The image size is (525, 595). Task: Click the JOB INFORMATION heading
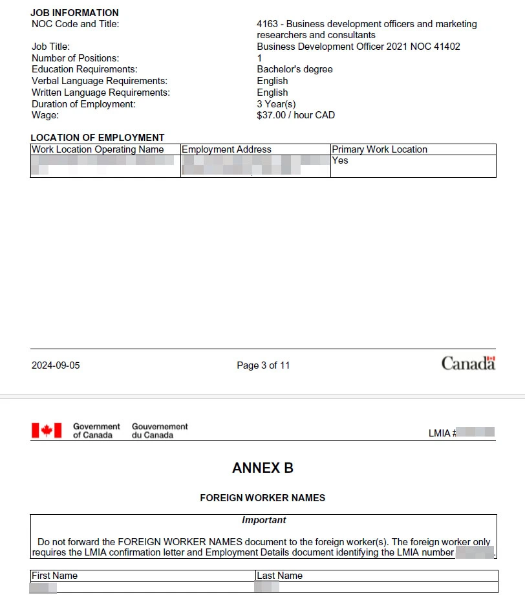click(x=74, y=12)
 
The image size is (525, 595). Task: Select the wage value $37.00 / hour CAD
click(x=295, y=115)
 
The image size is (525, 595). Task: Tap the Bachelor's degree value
click(x=294, y=69)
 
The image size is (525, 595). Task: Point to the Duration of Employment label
click(x=83, y=104)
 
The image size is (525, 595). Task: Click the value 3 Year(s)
click(x=276, y=104)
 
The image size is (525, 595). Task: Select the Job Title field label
click(x=50, y=47)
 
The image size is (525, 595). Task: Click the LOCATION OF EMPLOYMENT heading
click(x=97, y=138)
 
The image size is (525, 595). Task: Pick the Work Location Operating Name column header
click(x=98, y=149)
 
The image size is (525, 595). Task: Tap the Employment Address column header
click(x=226, y=149)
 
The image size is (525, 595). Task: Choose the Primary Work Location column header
click(x=380, y=149)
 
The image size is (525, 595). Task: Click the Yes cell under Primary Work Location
click(x=340, y=160)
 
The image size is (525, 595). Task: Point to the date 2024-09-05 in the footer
click(x=56, y=365)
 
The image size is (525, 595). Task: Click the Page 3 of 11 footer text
click(x=263, y=365)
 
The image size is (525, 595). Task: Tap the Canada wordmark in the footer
click(x=468, y=363)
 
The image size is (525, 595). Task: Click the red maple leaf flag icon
click(x=47, y=430)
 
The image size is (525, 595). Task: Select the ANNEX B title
click(x=262, y=468)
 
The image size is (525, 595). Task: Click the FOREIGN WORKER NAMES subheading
click(x=262, y=498)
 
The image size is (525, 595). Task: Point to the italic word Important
click(x=264, y=520)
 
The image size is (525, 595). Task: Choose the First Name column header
click(x=54, y=576)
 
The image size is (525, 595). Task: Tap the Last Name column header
click(x=279, y=576)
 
